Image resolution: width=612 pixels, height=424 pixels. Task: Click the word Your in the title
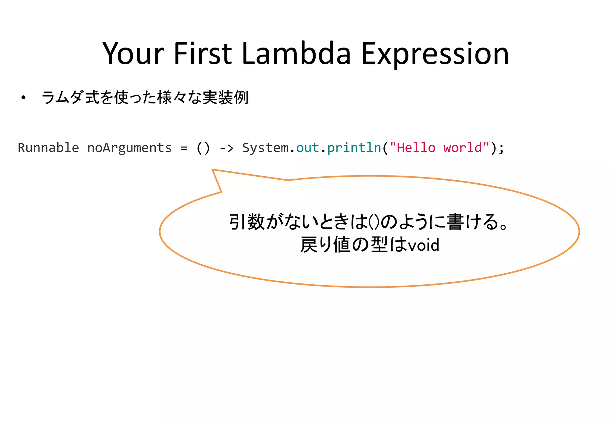(133, 54)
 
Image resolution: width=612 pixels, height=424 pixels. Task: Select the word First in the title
(203, 54)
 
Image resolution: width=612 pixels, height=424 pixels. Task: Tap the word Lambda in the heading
(296, 54)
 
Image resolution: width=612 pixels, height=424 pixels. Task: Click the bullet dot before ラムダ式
(23, 98)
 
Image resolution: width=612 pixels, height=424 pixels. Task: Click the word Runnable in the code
(48, 148)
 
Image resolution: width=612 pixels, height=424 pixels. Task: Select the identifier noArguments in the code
(129, 148)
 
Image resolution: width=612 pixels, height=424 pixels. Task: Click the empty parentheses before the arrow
(203, 148)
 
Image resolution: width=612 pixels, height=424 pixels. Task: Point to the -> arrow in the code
(227, 148)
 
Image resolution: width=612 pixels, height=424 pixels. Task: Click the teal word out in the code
(307, 148)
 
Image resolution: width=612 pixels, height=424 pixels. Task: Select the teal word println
(354, 148)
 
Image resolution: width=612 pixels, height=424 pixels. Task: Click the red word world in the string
(463, 148)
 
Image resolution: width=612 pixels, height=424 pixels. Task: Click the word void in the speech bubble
(424, 245)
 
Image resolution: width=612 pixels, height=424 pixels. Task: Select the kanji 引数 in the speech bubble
(247, 222)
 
